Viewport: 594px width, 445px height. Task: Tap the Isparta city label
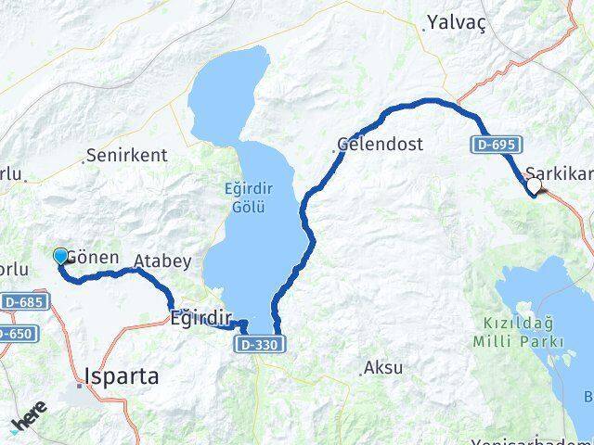(121, 377)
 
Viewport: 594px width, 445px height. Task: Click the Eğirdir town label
(200, 318)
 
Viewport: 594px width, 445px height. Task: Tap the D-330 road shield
(259, 344)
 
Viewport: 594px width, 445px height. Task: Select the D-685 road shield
(23, 302)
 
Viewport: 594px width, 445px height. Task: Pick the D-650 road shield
(13, 333)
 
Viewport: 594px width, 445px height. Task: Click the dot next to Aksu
(362, 374)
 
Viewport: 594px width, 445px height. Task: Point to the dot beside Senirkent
(84, 159)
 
